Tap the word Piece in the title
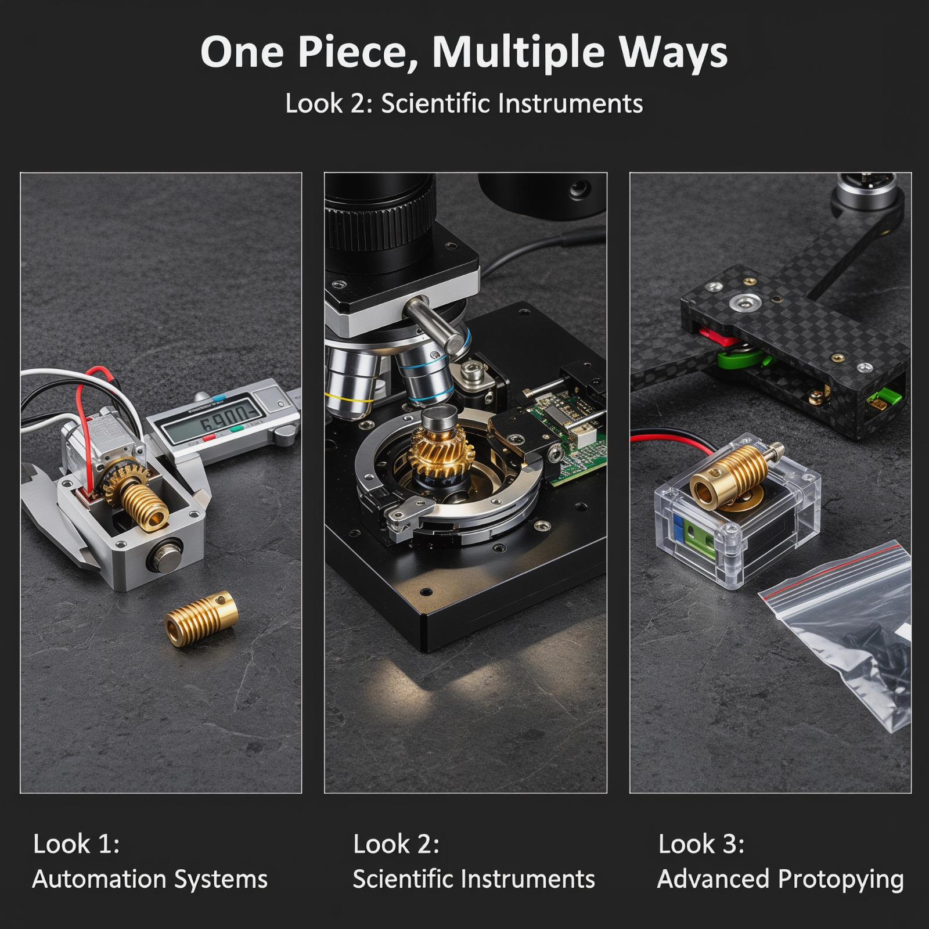point(358,52)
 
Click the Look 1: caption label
point(76,844)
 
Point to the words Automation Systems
point(150,879)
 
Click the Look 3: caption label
point(701,844)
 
